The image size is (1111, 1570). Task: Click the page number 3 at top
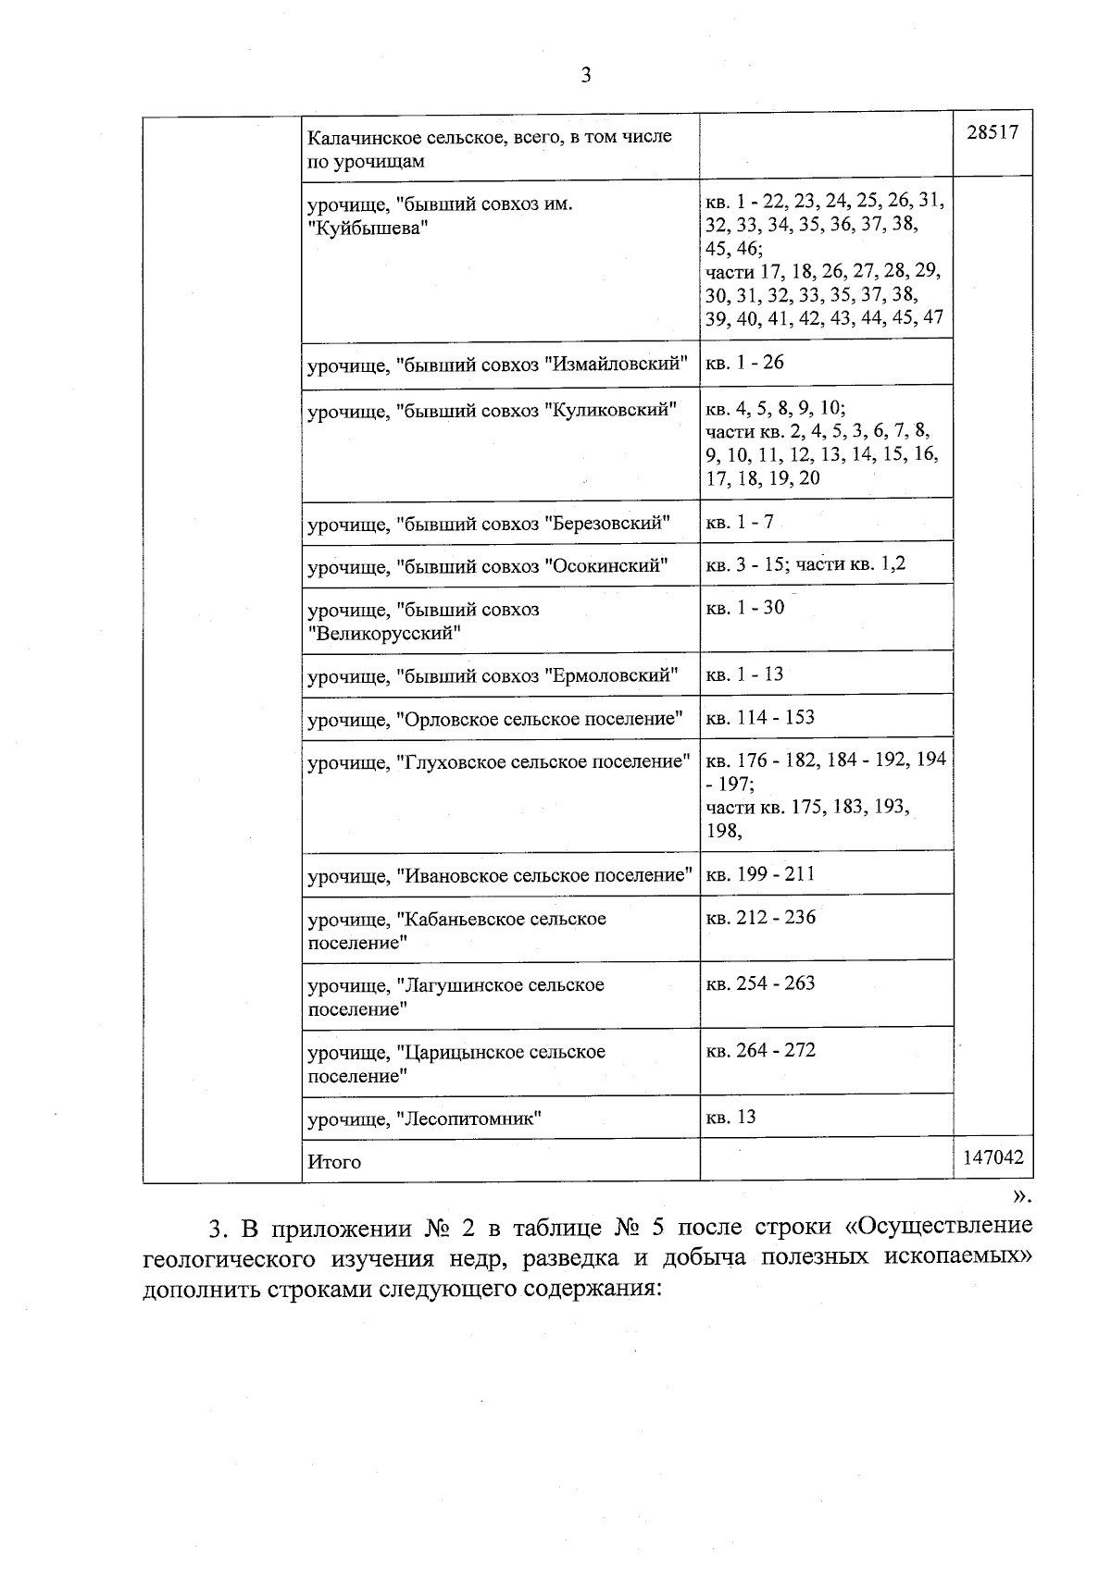[x=585, y=76]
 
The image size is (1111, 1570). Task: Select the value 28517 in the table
[x=992, y=132]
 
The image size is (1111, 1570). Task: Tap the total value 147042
[x=992, y=1157]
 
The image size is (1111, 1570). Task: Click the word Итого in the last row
[x=334, y=1162]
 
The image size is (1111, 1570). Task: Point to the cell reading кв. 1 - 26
[x=744, y=363]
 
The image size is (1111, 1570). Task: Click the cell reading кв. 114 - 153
[x=760, y=718]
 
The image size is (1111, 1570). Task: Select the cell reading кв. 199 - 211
[x=760, y=874]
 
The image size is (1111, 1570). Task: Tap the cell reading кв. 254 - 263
[x=760, y=983]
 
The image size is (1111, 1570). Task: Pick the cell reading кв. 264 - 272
[x=760, y=1051]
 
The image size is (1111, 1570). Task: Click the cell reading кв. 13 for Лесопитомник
[x=730, y=1118]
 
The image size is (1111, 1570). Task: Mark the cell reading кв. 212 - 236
[x=760, y=918]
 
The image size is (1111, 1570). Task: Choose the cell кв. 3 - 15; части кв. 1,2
[x=805, y=563]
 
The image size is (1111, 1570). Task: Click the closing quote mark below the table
[x=1020, y=1196]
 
